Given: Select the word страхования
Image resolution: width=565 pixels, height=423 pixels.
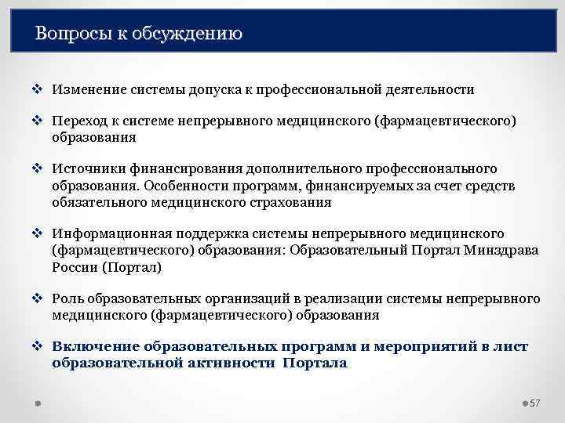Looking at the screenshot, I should click(x=288, y=202).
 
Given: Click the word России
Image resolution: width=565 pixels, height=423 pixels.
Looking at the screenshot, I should click(x=75, y=267).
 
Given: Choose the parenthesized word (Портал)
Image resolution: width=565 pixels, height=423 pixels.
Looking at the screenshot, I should click(x=133, y=267).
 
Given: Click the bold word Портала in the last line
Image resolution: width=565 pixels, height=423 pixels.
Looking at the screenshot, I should click(x=314, y=363).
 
